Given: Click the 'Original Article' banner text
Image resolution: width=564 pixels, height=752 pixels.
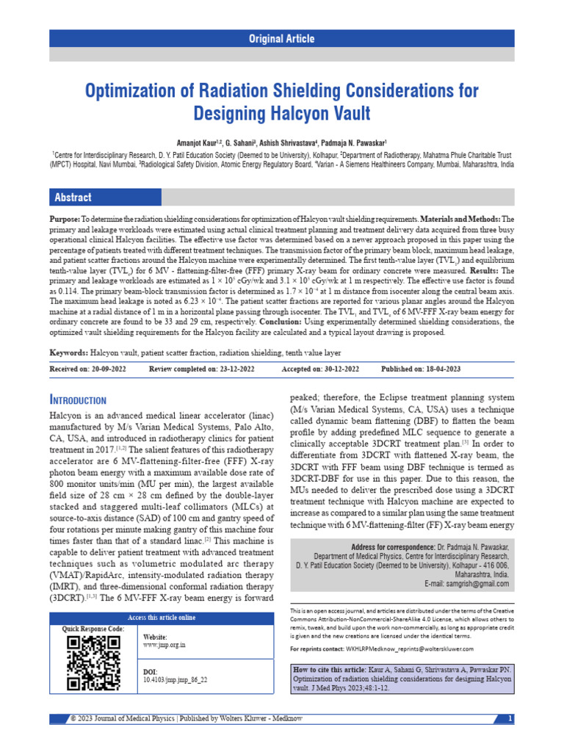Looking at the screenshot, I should tap(282, 39).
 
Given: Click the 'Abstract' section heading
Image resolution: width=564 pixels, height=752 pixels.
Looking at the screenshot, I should tap(73, 198).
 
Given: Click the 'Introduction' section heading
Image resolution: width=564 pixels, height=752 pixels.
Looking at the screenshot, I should tap(78, 400).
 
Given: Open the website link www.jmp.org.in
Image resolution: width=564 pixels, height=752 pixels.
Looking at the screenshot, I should tap(164, 645).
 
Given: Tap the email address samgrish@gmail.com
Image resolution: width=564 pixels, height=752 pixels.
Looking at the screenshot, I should tap(477, 584).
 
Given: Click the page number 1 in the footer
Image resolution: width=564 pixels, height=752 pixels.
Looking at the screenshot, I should tap(510, 717).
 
